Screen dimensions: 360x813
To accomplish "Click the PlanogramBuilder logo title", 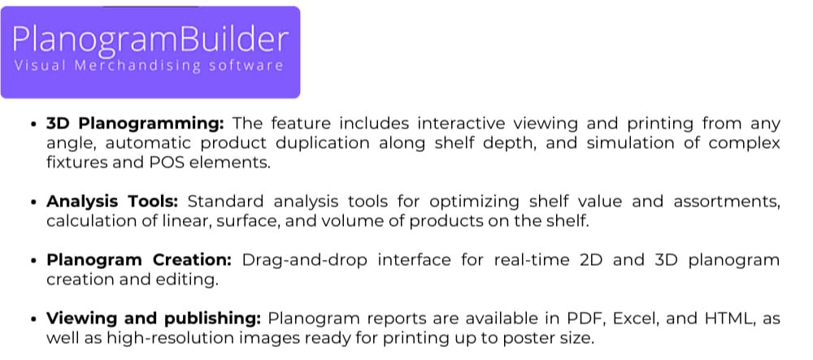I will click(x=150, y=39).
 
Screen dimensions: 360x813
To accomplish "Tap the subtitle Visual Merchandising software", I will click(x=149, y=66).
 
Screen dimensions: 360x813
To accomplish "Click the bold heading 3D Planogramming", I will click(x=135, y=124).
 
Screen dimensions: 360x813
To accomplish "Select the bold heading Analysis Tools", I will click(x=116, y=202).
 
